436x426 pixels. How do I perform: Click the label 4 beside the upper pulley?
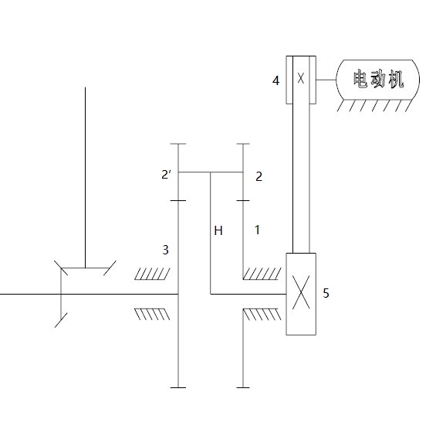point(276,79)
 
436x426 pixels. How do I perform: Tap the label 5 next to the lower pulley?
point(326,294)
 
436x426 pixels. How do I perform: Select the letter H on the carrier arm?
point(218,230)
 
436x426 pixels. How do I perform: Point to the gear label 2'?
point(165,176)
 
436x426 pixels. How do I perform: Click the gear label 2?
point(259,176)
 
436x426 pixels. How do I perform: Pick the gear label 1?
point(257,230)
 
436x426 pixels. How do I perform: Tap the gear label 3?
point(164,250)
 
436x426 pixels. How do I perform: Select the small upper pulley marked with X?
point(301,79)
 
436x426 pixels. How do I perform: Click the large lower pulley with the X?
point(302,294)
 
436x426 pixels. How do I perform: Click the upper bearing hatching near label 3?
point(154,274)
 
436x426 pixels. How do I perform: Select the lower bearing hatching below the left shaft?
point(154,314)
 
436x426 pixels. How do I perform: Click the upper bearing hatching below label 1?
point(262,274)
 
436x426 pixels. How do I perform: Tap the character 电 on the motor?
point(360,79)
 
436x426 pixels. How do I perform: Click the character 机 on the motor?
point(396,79)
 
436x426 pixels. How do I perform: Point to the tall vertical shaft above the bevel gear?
point(85,170)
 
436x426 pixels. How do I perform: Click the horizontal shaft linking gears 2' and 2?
point(211,172)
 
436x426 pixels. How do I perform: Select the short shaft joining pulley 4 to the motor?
point(326,79)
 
